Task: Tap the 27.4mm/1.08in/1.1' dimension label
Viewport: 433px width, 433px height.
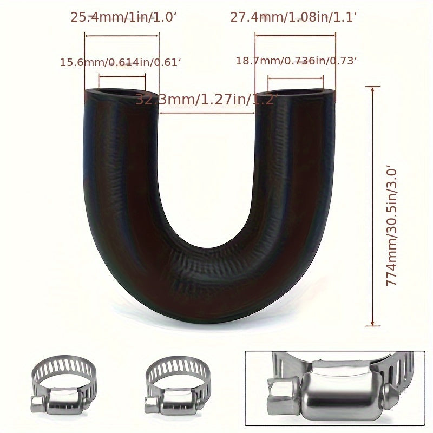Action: coord(294,17)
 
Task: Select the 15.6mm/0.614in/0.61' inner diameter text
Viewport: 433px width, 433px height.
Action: coord(120,62)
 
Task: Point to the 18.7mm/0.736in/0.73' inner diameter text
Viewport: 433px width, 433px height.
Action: coord(297,61)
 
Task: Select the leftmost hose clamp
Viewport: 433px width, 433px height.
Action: coord(64,384)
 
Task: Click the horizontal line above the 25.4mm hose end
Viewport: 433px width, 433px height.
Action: coord(122,36)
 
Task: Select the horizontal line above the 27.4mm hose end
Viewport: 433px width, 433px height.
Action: coord(296,36)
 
